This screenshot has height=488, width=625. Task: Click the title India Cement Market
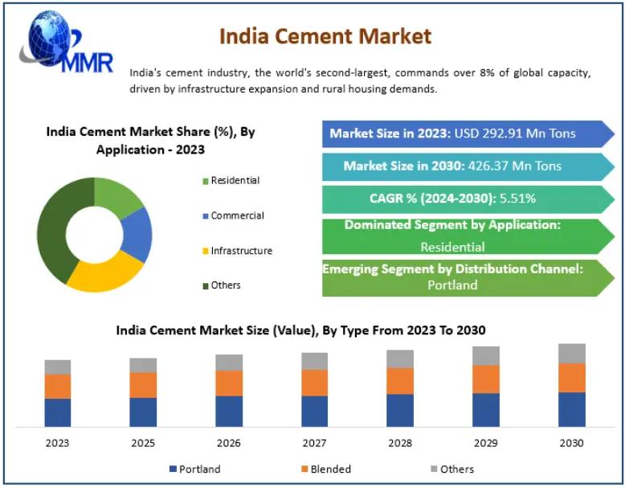325,36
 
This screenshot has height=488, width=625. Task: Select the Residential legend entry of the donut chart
235,181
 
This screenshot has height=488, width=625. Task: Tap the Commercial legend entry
237,215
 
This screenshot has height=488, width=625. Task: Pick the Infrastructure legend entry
241,251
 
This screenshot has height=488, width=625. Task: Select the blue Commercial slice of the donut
137,234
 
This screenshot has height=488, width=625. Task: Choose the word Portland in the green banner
452,285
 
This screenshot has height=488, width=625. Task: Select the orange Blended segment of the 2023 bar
58,386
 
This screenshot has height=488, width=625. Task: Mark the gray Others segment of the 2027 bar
314,361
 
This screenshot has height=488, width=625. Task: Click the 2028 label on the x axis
400,443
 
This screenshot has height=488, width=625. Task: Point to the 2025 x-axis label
143,443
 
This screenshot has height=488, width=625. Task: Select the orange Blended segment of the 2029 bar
485,379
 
